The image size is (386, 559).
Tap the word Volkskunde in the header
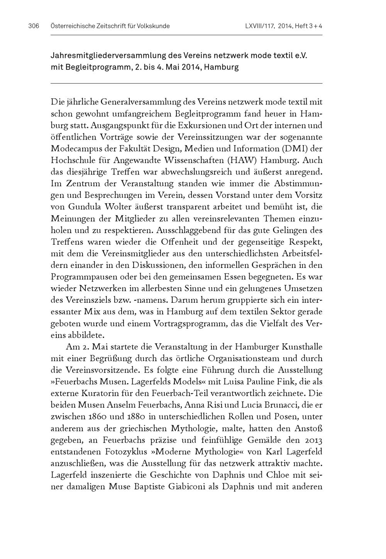pos(153,26)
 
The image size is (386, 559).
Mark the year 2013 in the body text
pos(313,440)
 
